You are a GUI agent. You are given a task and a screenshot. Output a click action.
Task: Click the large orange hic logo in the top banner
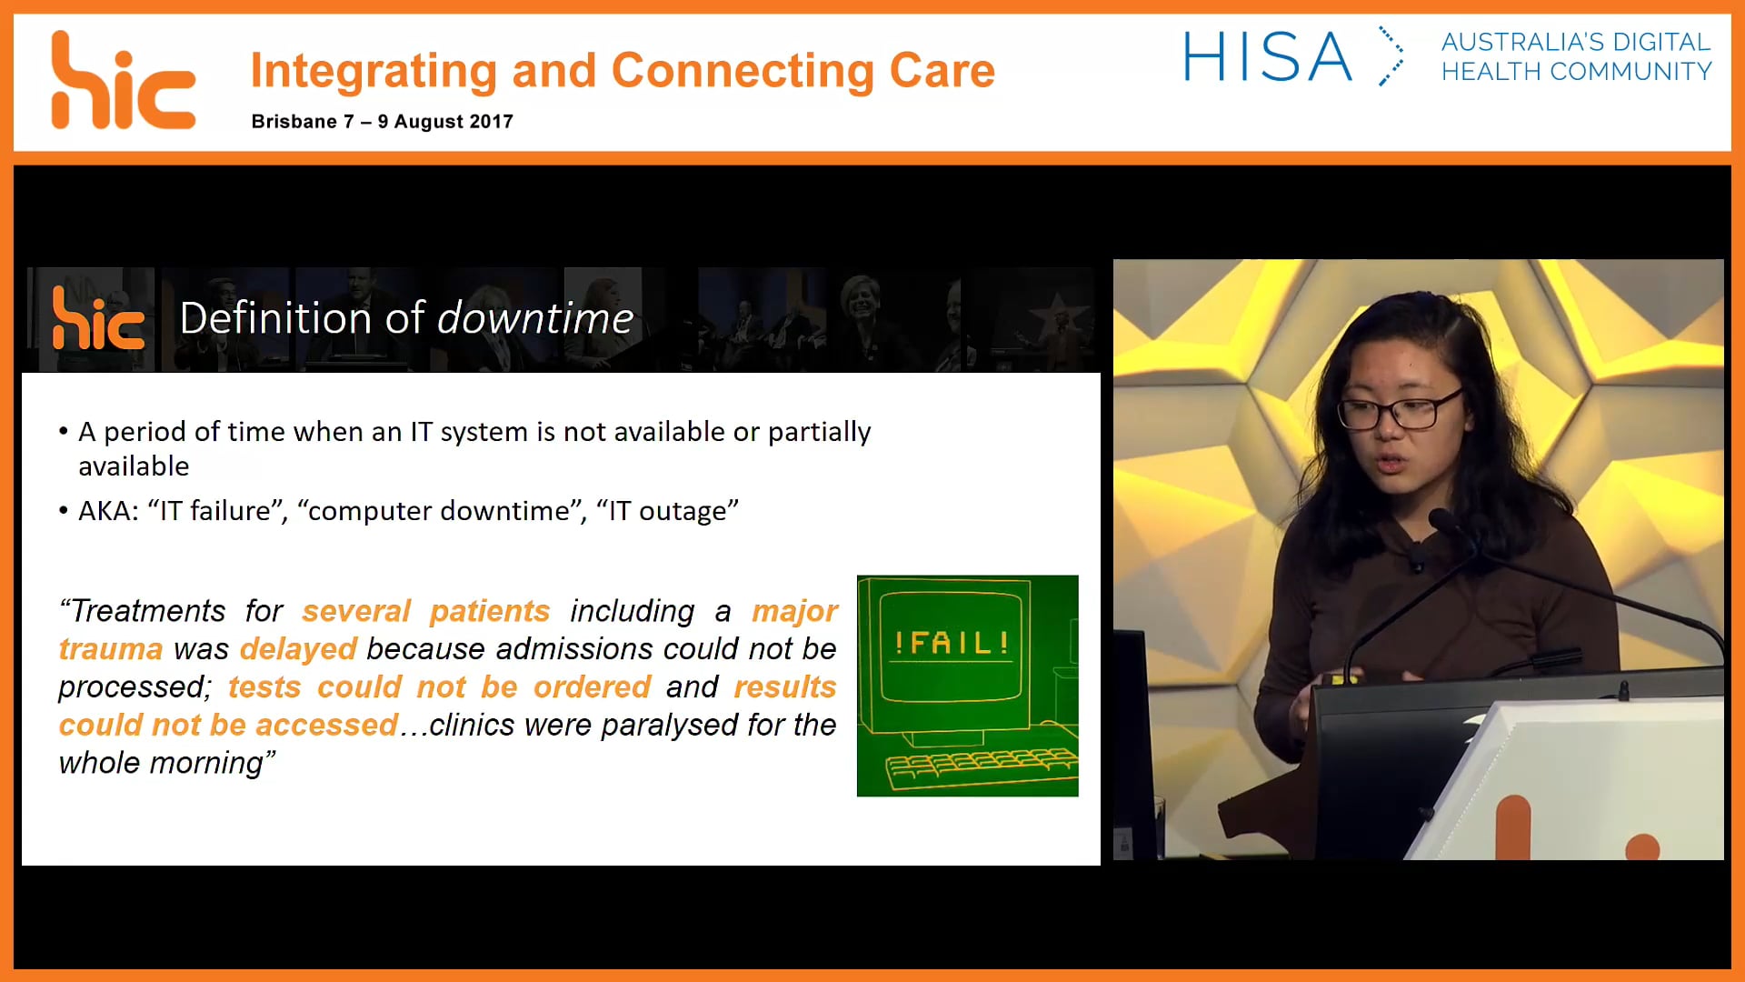(123, 82)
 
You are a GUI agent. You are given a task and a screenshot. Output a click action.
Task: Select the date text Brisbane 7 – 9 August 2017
(382, 122)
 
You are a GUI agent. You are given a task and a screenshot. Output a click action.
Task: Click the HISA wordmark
(1267, 57)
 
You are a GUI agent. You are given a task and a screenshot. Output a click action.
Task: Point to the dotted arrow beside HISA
(1391, 56)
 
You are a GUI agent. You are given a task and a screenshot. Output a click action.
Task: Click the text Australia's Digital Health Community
(1576, 56)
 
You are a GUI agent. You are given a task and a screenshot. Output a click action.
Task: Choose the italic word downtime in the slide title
(535, 318)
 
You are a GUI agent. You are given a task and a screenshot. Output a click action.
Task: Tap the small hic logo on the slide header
(98, 319)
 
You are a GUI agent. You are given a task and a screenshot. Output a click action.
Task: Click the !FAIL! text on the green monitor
(952, 644)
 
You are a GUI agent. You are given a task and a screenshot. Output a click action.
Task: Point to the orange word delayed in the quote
(298, 649)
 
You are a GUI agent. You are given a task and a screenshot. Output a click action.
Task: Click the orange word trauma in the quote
(111, 649)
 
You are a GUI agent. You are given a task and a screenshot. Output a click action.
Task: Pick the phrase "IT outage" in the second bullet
(667, 511)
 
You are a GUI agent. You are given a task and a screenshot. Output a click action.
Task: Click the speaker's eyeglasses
(1400, 411)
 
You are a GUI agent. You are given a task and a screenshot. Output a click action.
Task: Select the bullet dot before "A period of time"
(64, 432)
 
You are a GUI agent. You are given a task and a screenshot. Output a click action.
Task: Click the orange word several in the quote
(356, 611)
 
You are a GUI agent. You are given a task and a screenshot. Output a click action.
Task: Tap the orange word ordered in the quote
(592, 687)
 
